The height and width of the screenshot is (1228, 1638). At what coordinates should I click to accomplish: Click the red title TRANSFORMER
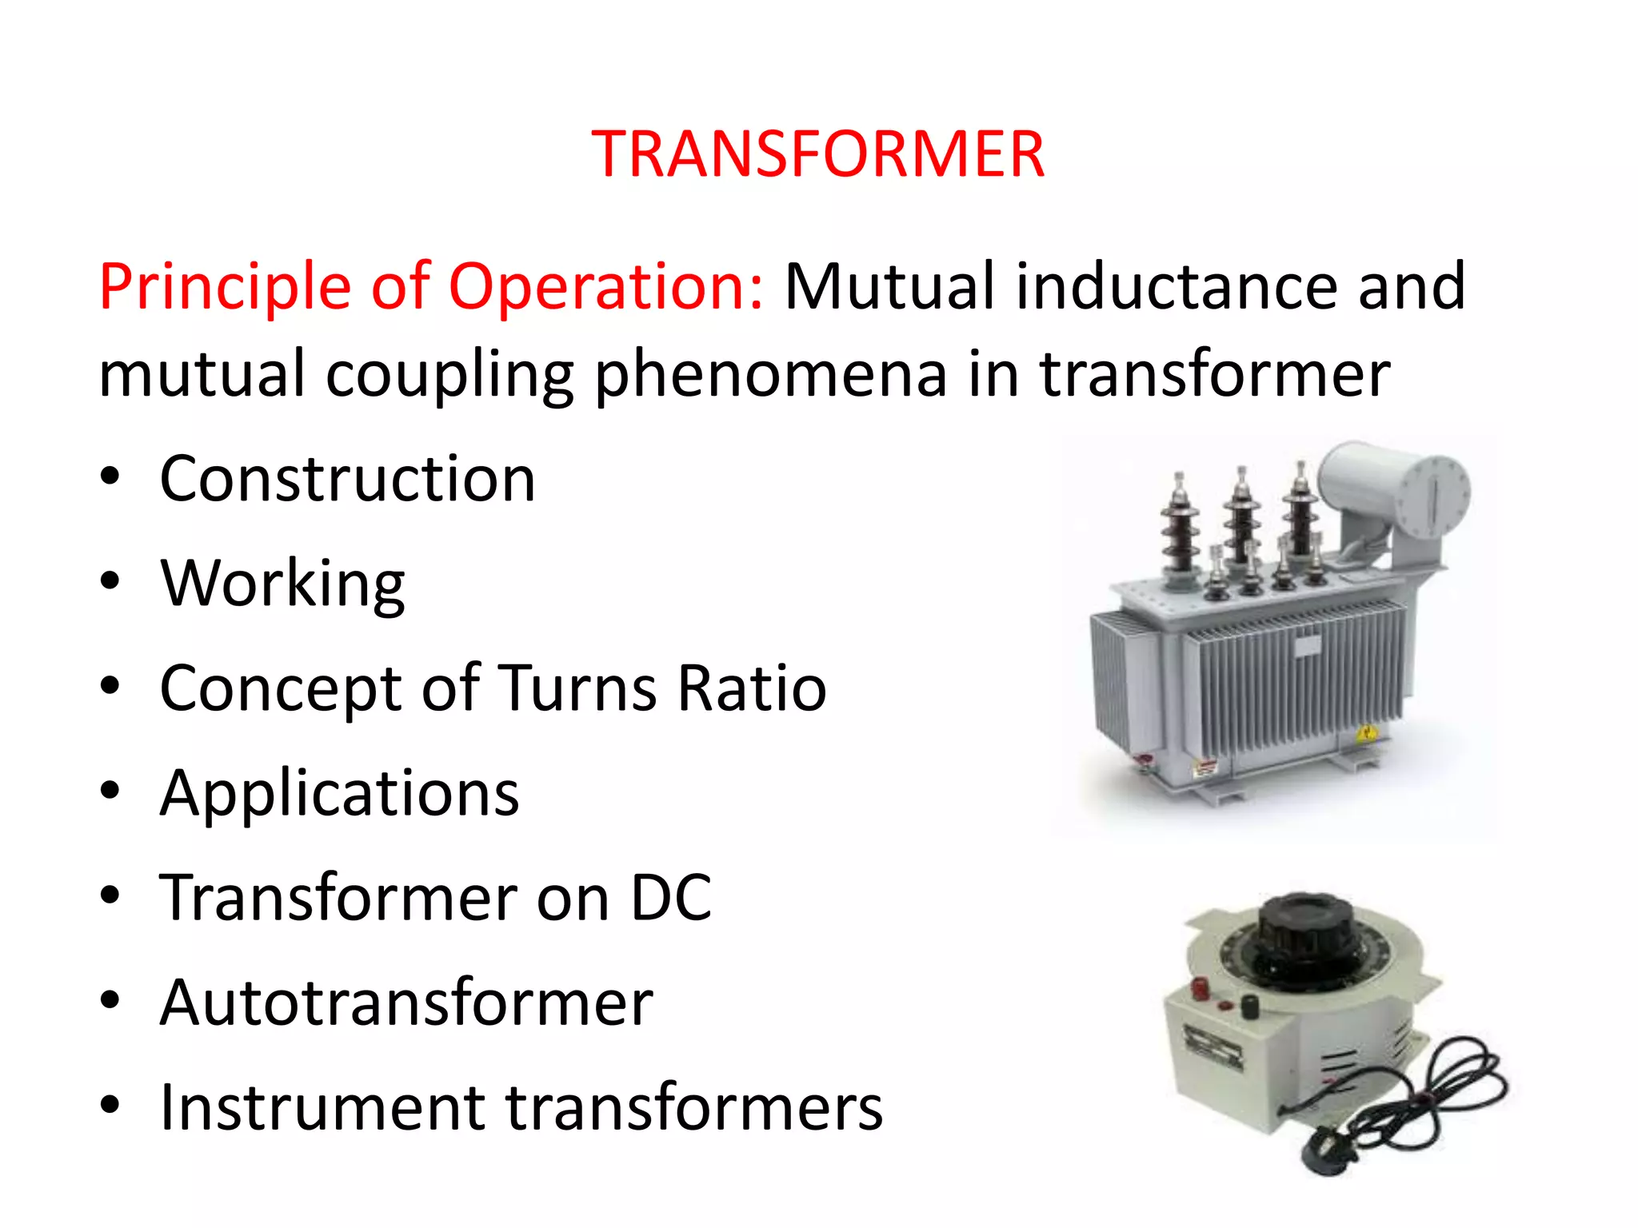click(817, 153)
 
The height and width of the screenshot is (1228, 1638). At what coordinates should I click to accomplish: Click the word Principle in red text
click(225, 286)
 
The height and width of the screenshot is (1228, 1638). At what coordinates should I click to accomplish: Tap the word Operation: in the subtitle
click(605, 286)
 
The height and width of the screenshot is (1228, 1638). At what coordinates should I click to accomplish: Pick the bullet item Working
click(282, 584)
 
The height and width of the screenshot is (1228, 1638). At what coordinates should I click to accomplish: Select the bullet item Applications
click(339, 793)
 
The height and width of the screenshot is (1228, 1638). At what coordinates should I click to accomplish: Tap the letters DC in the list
click(670, 898)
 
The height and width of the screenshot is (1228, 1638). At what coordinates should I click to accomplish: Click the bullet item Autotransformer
click(406, 1003)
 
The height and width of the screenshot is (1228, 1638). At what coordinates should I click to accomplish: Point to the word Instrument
click(322, 1107)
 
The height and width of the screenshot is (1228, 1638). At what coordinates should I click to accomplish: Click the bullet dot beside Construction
click(110, 478)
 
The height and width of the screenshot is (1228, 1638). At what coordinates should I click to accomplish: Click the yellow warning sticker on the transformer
click(1366, 732)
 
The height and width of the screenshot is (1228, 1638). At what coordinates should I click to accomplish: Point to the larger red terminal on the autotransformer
click(1201, 988)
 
